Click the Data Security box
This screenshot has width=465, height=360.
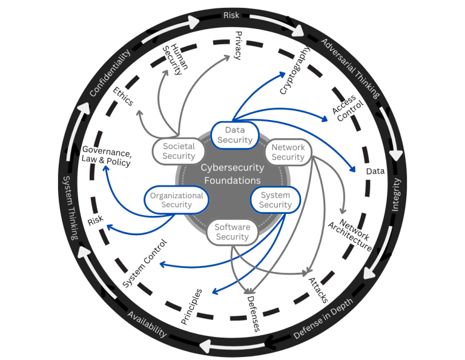pos(234,135)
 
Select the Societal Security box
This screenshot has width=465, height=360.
pos(178,152)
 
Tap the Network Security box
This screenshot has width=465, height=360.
pos(288,152)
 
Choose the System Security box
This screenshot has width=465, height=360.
pos(275,200)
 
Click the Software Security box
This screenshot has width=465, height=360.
pos(232,232)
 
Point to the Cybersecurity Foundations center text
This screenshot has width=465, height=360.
pos(232,175)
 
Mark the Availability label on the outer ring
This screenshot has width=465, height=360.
pos(147,324)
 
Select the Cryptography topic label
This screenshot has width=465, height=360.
pos(295,71)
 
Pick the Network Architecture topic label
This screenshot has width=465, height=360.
pos(349,234)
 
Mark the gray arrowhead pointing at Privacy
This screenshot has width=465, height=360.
pos(230,59)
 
